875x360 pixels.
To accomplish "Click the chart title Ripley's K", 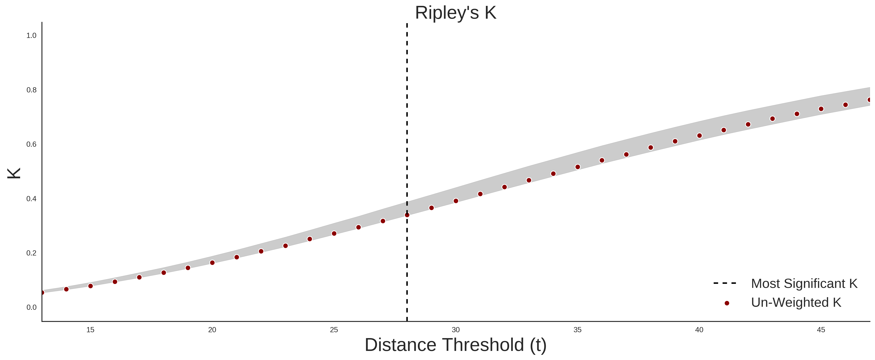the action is point(455,13).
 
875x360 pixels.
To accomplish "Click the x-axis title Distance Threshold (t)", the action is point(455,345).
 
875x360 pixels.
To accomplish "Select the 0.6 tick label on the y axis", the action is point(31,144).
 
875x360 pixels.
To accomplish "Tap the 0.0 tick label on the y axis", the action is point(31,307).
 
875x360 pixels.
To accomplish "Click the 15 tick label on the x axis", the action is point(90,330).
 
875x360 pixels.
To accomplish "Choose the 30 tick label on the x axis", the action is point(456,330).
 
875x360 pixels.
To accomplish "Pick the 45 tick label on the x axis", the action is point(821,330).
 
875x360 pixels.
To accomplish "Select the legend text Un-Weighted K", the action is point(796,302).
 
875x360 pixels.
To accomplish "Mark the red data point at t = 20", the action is point(212,263).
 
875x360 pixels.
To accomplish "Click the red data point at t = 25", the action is point(334,233).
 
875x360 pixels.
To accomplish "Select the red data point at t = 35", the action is point(577,167).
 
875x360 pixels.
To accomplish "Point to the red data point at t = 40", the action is point(699,135).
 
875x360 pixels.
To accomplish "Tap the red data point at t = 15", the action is point(90,286).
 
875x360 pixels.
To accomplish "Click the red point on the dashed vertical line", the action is point(407,215).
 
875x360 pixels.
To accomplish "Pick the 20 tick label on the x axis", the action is point(212,330).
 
